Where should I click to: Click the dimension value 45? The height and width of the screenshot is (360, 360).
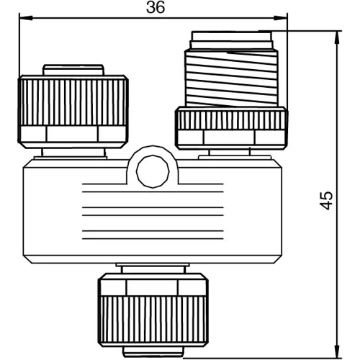click(328, 200)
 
